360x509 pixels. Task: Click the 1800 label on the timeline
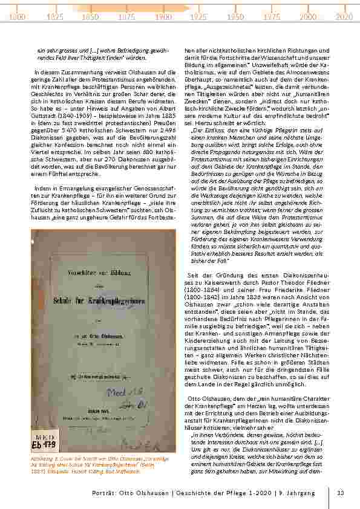pos(18,18)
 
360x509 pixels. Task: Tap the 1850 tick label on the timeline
pos(90,18)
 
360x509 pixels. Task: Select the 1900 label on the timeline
pos(163,18)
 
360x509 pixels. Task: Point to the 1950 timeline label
pos(236,18)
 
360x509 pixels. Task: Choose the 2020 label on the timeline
pos(344,18)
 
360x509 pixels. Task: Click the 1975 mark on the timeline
pos(272,18)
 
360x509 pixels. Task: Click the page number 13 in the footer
pos(341,493)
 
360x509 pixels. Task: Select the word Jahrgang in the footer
pos(298,493)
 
